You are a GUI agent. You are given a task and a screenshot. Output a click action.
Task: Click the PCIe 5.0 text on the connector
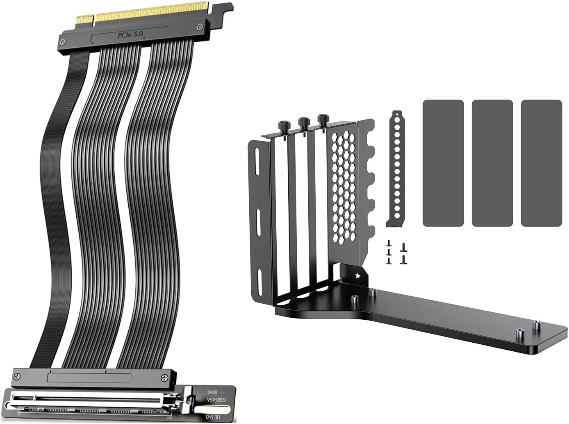point(130,35)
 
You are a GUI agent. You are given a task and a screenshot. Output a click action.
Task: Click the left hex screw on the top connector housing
point(64,41)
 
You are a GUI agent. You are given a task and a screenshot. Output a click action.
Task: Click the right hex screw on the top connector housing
point(200,28)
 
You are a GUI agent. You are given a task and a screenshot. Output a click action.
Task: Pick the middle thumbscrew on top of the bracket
point(304,122)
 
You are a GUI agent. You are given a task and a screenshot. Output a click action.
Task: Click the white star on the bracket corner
point(358,275)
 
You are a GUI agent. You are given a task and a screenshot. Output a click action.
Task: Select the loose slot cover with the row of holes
point(396,168)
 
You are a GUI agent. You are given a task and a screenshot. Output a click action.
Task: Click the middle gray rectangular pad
point(492,163)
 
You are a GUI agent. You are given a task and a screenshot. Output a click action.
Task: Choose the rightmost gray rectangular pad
point(541,163)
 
